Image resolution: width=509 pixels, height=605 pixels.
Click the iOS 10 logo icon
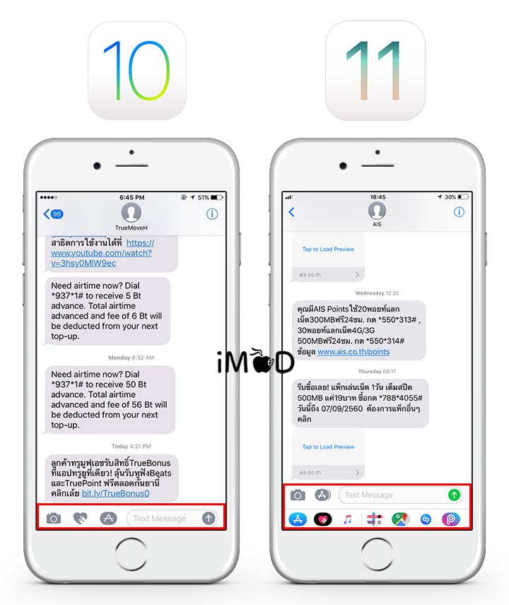coord(136,70)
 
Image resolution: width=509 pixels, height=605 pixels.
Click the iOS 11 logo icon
coord(375,70)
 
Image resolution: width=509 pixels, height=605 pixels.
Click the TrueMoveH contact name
coord(131,228)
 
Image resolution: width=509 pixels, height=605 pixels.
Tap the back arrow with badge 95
coord(52,214)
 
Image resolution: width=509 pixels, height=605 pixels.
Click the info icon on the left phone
coord(211,214)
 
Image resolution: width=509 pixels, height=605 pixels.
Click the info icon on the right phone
coord(459,212)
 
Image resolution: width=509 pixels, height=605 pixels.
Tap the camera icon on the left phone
coord(54,518)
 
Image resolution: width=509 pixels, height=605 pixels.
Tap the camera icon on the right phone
coord(298,495)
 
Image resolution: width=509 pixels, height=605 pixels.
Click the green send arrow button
coord(454,495)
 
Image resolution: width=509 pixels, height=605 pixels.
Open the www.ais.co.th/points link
coord(353,351)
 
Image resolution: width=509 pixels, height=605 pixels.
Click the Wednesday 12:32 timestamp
coord(376,293)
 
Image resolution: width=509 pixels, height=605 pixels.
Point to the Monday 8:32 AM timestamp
coord(131,358)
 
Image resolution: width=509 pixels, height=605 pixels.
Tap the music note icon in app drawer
coord(347,519)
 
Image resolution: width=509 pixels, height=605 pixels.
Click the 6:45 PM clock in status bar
coord(131,197)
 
